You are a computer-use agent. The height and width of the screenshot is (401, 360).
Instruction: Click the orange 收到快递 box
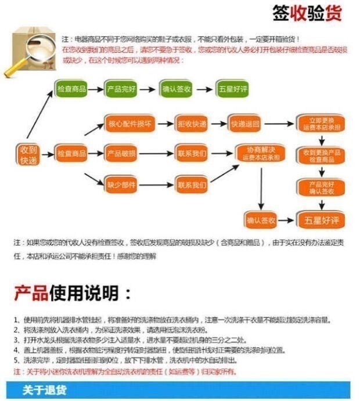point(28,154)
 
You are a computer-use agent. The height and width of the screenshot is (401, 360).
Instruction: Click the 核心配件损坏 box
point(122,124)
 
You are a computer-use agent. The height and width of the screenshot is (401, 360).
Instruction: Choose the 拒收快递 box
point(191,124)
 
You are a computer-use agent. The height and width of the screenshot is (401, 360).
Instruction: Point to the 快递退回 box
point(245,124)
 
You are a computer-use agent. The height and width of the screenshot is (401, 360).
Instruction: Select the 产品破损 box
point(121,154)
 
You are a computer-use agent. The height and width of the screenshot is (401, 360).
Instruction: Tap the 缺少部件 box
point(121,185)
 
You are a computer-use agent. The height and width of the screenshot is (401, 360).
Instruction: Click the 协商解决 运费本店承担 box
point(260,154)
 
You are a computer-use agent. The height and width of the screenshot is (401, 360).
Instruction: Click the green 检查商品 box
point(71,89)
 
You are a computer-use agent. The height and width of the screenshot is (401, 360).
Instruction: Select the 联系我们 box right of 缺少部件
point(191,185)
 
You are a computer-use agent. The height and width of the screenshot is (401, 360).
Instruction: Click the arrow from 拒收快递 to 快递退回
point(218,124)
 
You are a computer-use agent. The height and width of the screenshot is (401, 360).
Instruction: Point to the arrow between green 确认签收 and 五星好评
point(204,89)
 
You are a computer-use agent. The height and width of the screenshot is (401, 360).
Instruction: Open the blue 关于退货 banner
point(180,390)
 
